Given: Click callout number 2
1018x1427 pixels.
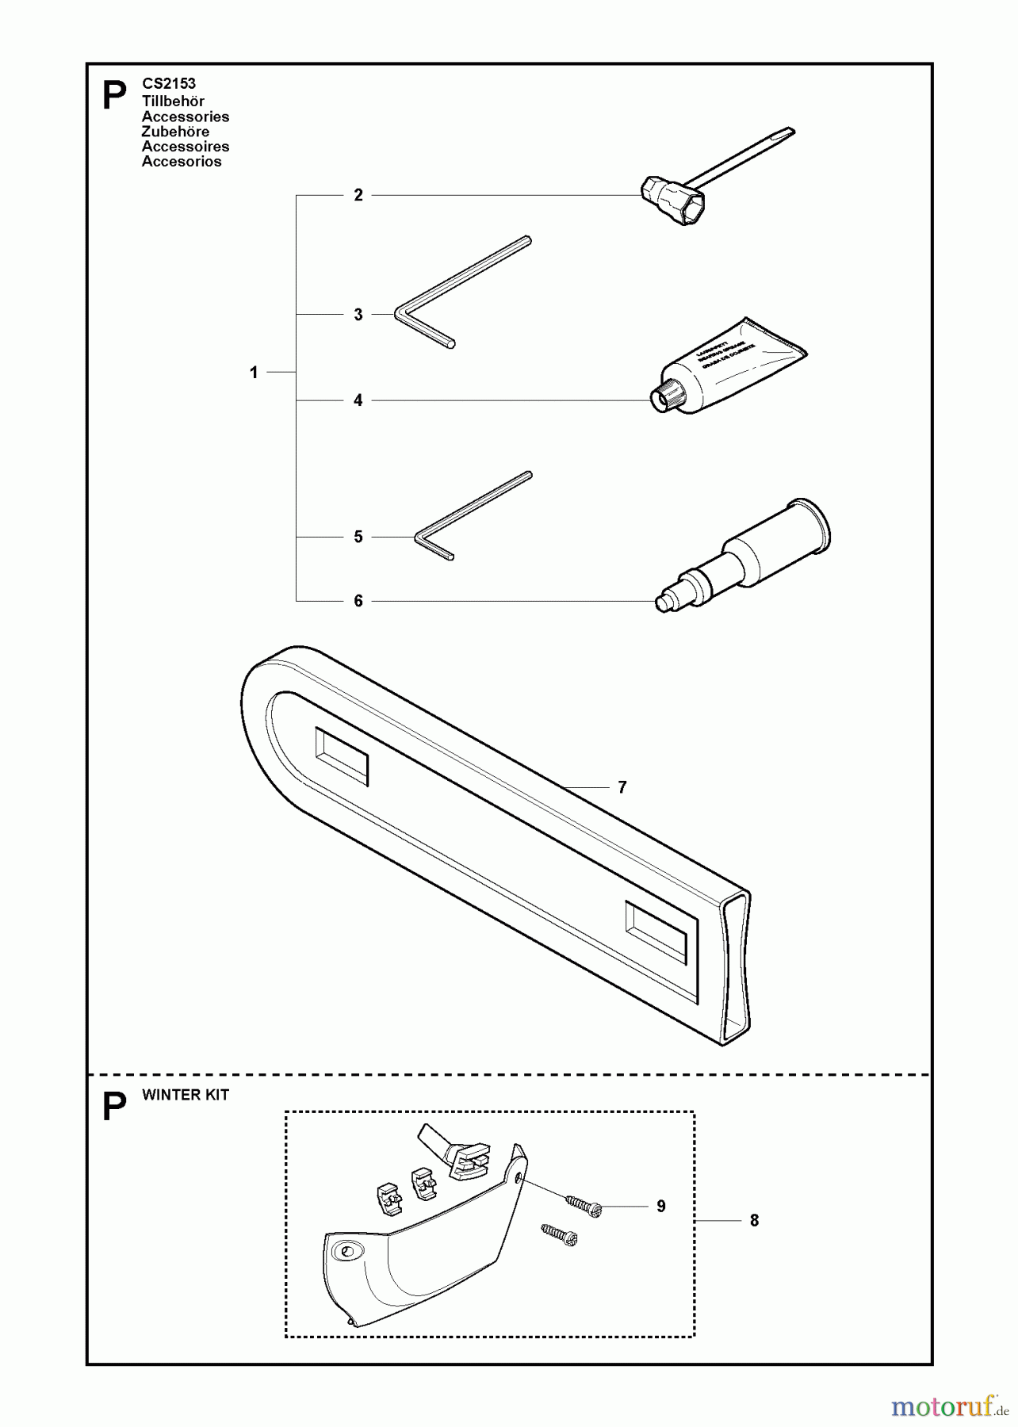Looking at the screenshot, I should (358, 195).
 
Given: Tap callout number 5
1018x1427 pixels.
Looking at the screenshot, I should (358, 537).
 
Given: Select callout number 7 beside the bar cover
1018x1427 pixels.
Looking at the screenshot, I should (622, 787).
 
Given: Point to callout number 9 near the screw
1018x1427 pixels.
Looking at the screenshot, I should (661, 1206).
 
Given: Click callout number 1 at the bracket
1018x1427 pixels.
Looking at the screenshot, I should (254, 372).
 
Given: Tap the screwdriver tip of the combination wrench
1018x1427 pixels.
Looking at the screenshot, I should (785, 133).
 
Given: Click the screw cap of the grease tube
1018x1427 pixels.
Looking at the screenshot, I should (664, 396).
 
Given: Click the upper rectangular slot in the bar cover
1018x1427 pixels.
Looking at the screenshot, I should (342, 756).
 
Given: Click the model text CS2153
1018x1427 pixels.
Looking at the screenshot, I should (168, 83).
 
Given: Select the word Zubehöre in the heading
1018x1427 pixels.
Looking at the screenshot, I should (175, 132).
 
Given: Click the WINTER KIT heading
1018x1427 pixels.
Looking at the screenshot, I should (185, 1095).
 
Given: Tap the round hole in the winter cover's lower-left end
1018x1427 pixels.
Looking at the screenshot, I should (346, 1252).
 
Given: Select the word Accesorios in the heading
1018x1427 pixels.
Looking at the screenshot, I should (182, 162).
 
